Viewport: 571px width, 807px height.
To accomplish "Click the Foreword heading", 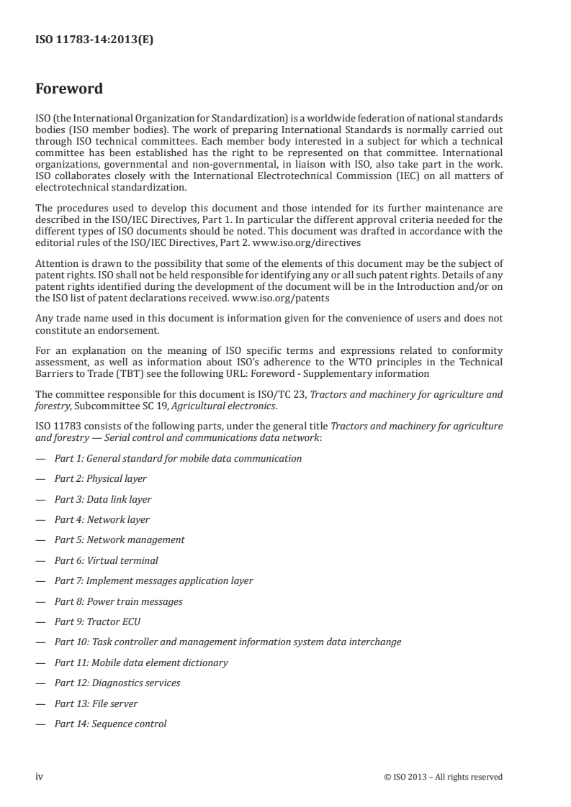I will click(69, 90).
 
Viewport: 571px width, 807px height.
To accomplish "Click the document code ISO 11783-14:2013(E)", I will click(94, 40).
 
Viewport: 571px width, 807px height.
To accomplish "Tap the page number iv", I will click(40, 776).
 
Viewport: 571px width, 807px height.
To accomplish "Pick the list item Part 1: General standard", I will click(178, 458).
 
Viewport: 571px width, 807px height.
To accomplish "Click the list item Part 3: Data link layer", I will click(103, 499).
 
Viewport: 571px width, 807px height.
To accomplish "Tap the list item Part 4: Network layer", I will click(102, 519).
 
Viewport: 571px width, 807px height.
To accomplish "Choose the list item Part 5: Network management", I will click(120, 539).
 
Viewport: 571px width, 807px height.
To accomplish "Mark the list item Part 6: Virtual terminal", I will click(106, 560).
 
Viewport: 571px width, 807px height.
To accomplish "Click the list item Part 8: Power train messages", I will click(118, 601).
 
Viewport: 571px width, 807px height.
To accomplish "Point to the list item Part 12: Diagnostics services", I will click(117, 683).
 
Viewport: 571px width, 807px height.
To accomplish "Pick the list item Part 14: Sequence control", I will click(110, 724).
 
